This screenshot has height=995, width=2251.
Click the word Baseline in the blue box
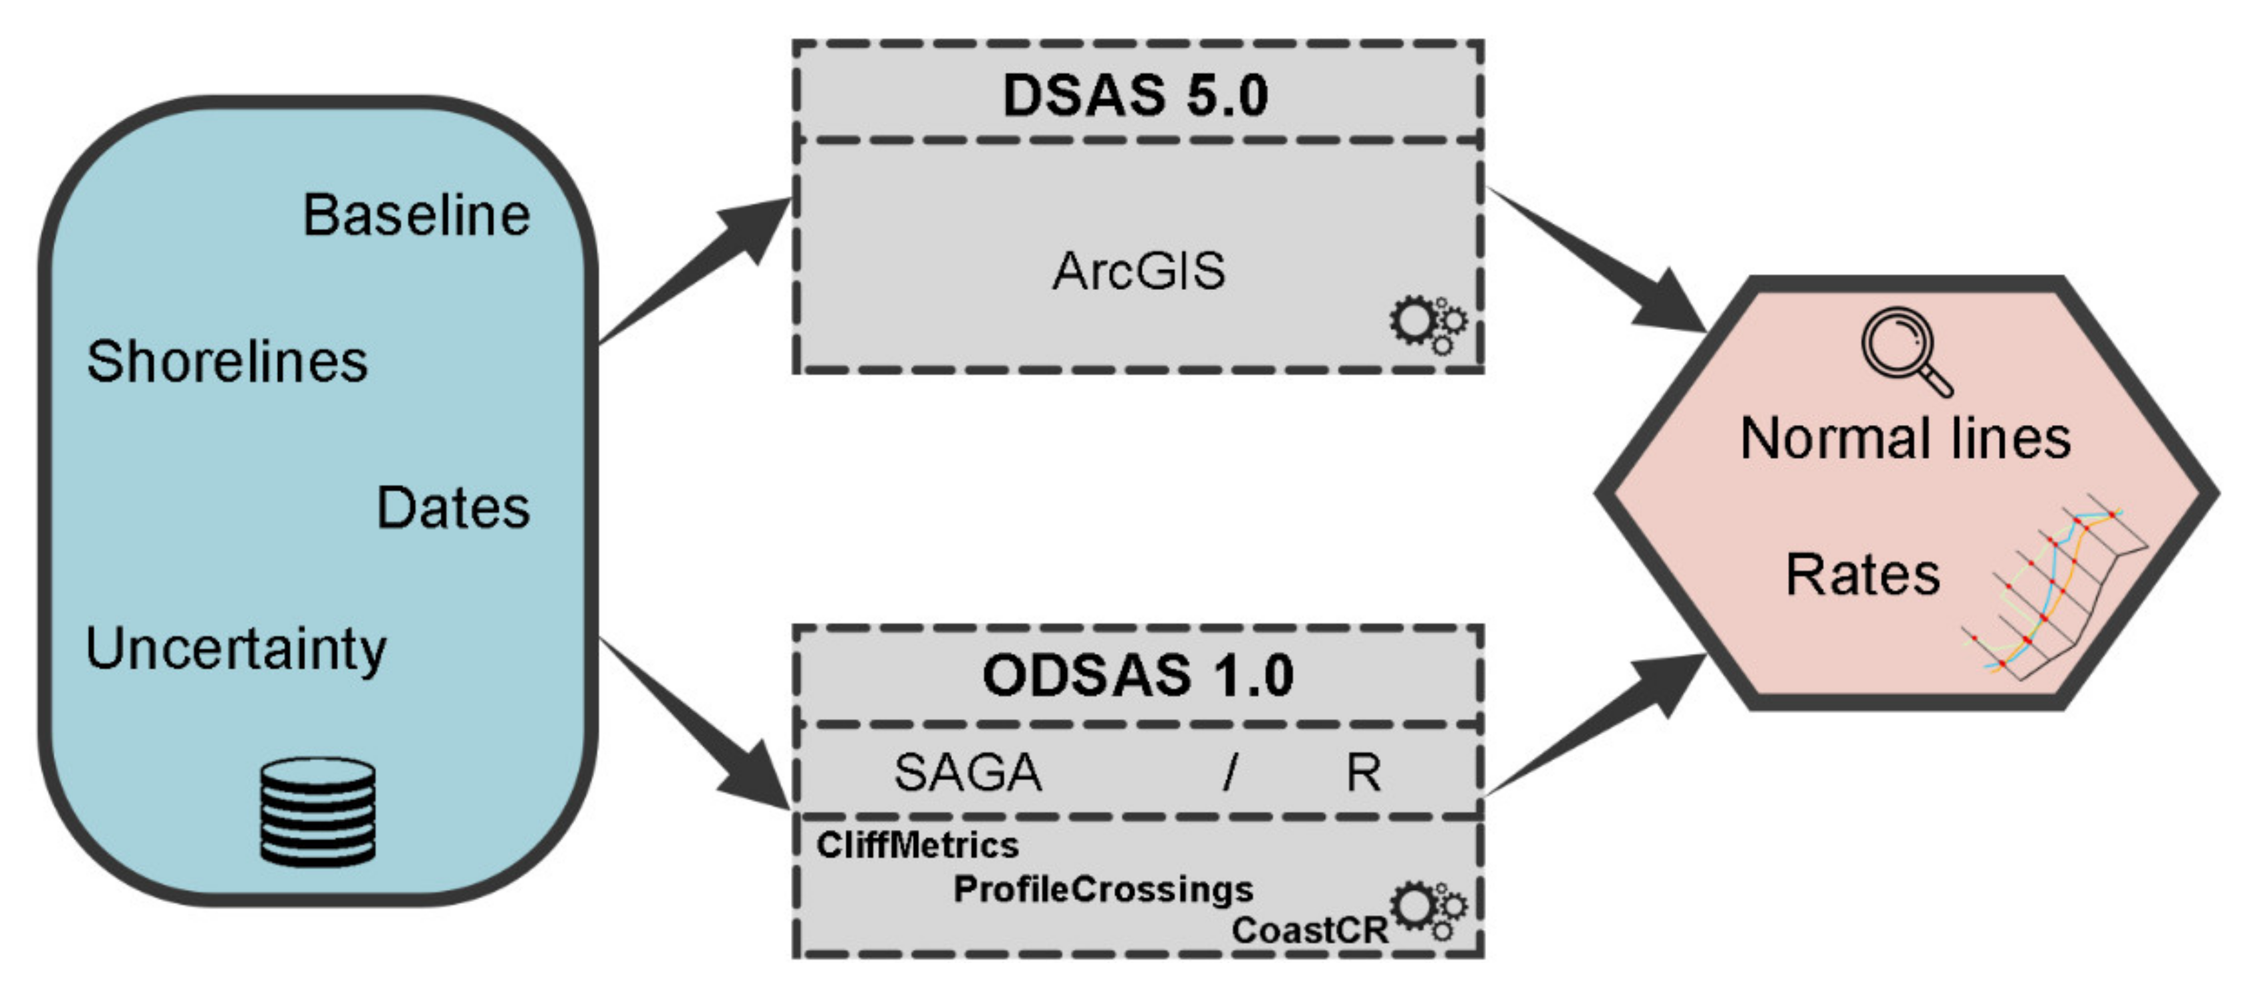coord(416,215)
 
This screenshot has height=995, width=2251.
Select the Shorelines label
coord(227,362)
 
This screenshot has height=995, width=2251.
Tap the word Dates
coord(452,507)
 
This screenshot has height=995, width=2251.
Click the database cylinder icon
coord(318,811)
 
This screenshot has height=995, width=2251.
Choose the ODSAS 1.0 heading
coord(1137,675)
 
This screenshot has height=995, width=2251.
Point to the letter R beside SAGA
coord(1362,773)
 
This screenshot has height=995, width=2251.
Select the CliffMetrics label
coord(917,845)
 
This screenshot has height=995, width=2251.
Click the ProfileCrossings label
coord(1103,889)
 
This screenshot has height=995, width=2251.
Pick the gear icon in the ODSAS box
coord(1427,911)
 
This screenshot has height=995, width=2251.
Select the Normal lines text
coord(1905,438)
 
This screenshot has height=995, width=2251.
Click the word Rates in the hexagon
coord(1862,575)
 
